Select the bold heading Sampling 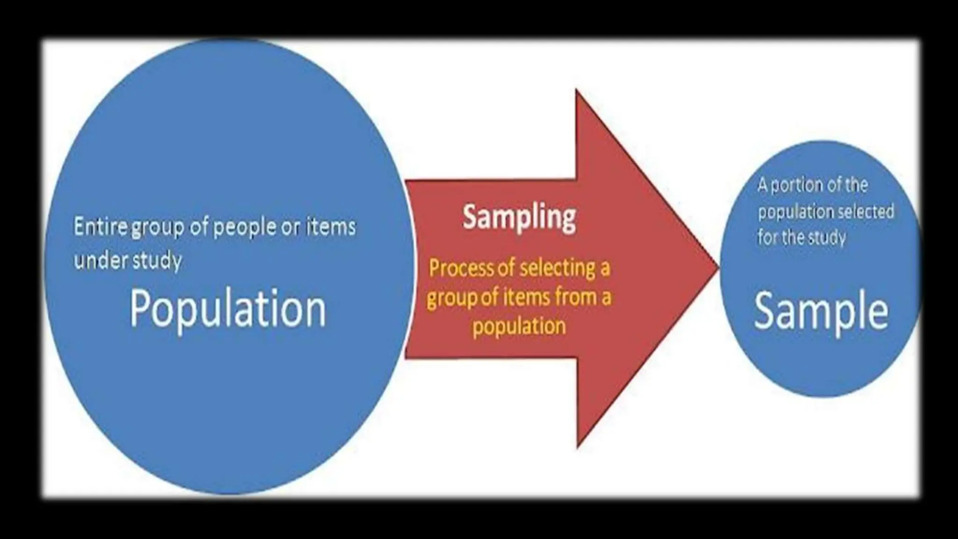[519, 218]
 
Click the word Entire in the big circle [100, 227]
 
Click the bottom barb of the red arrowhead [578, 444]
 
